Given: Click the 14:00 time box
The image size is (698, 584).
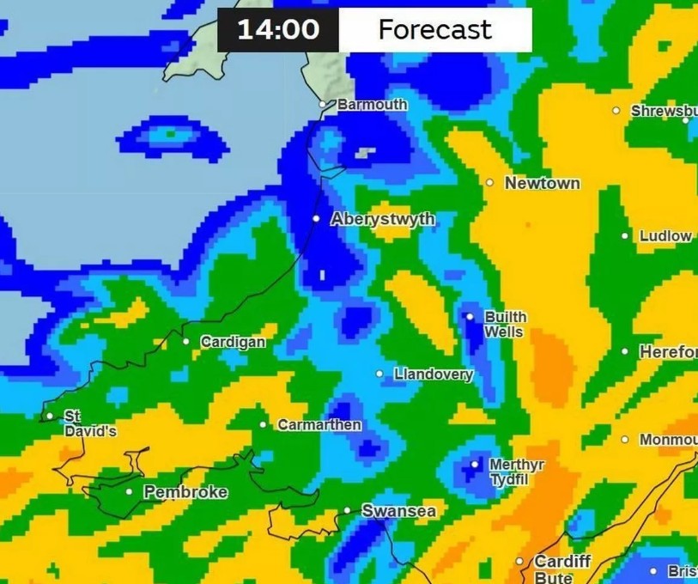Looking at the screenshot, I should point(277,30).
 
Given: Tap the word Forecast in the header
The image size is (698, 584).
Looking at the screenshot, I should point(434,30).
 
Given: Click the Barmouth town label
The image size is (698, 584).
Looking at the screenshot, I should point(372,105).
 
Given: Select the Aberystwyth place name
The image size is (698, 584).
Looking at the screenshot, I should point(383,220).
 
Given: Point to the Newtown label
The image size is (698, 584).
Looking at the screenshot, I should point(542,184).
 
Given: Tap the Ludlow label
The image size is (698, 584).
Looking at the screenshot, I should point(665,236).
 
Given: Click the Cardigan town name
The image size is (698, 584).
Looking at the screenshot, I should point(233,343).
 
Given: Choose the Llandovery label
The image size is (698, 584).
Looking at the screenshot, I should point(434,374).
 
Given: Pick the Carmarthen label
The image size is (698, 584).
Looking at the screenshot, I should point(319,425).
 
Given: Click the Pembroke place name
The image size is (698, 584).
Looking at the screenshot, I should point(185,492).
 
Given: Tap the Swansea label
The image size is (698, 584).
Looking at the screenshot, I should point(398,511).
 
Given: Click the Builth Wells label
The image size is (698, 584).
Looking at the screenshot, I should point(506,325).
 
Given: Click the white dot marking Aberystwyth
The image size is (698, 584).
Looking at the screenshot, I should point(316,219).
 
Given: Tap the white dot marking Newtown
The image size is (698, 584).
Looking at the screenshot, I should point(489,183).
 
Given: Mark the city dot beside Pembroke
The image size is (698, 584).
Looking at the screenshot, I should point(129,492).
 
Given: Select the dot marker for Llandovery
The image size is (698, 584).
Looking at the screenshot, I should point(379,374).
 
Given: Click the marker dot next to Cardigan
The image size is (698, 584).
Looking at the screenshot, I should point(185,342).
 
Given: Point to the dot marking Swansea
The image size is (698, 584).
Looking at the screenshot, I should point(347,511).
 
